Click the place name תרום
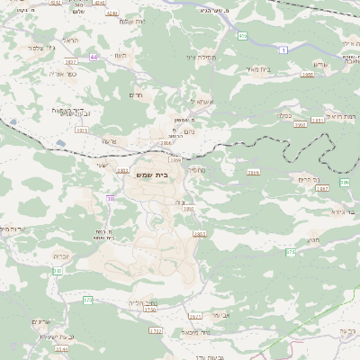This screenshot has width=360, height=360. point(137,94)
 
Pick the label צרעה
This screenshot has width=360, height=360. point(111,141)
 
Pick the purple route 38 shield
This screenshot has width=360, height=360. point(110,198)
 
